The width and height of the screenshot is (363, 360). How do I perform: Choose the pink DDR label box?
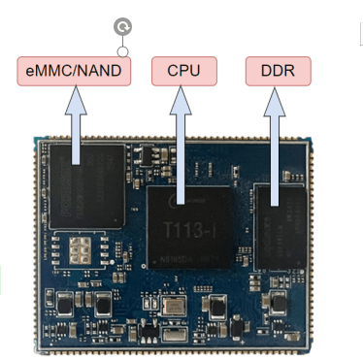pyautogui.click(x=278, y=71)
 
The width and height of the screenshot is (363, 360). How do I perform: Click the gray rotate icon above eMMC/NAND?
pyautogui.click(x=123, y=27)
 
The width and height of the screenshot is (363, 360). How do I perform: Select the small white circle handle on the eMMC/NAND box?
pyautogui.click(x=123, y=50)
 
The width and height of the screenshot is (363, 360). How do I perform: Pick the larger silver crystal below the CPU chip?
pyautogui.click(x=175, y=308)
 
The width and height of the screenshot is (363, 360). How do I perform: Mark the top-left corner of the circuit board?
pyautogui.click(x=35, y=136)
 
